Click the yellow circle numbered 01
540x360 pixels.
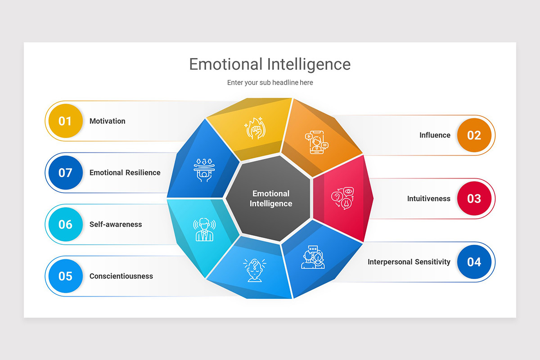coord(65,121)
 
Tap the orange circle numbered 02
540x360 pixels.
coord(474,135)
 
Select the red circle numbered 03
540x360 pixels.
coord(474,198)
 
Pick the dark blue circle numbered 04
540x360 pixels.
coord(474,262)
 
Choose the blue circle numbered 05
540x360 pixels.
coord(65,276)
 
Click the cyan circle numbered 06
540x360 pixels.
coord(65,224)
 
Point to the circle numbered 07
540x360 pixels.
coord(65,172)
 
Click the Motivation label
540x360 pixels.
coord(108,121)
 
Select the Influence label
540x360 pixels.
coord(435,135)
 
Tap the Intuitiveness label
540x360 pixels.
coord(428,198)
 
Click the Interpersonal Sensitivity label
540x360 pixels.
coord(409,262)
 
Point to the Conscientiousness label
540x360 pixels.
coord(121,276)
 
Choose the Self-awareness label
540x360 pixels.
coord(116,224)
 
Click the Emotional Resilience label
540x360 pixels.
coord(125,172)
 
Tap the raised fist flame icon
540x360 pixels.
coord(255,128)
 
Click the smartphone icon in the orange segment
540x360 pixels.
coord(316,142)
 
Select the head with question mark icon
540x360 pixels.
coord(254,270)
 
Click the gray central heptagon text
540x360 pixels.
coord(271,198)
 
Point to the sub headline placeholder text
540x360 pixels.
coord(270,82)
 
